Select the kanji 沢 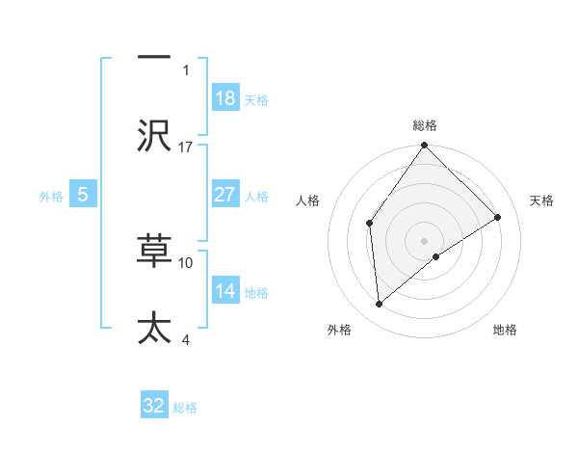pos(154,134)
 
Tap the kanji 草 pos(154,250)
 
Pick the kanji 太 pos(154,328)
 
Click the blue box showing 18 pos(225,98)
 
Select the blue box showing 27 pos(225,195)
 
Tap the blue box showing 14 pos(225,291)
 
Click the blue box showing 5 pos(83,195)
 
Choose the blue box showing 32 pos(154,406)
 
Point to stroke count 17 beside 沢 pos(186,147)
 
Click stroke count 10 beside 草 pos(186,261)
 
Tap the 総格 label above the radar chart pos(425,125)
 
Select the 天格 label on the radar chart pos(542,200)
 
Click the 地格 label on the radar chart pos(505,330)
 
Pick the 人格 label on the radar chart pos(308,200)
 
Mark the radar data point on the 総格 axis pos(425,147)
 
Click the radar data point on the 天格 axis pos(498,217)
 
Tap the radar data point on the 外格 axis pos(380,305)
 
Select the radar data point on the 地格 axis pos(436,256)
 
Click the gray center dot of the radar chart pos(425,240)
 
